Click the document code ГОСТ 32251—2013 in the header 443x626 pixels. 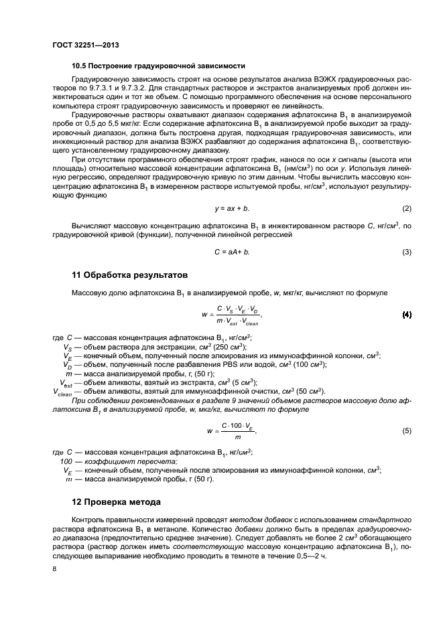81,46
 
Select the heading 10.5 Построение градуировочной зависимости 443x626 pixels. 157,66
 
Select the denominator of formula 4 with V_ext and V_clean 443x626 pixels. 237,321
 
